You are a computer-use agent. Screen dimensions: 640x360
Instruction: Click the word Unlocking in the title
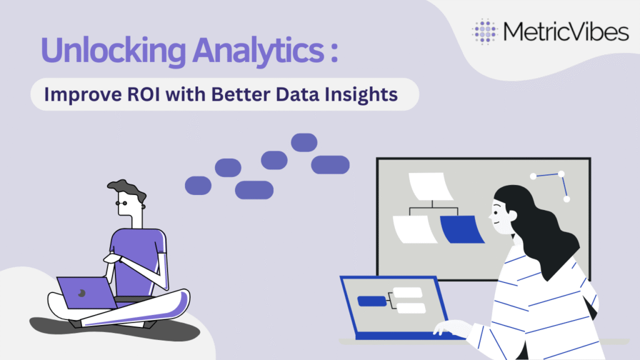pos(113,51)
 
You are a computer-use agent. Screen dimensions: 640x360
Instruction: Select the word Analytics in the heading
pos(258,51)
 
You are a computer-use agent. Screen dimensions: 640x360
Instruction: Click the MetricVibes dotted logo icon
pos(484,31)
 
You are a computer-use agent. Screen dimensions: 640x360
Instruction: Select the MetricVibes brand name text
pos(566,31)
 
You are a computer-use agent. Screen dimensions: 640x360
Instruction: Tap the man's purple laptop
pos(86,293)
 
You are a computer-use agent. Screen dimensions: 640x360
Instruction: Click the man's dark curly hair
pos(127,189)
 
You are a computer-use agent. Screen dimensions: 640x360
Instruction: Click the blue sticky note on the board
pos(462,229)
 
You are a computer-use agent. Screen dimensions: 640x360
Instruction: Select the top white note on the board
pos(431,186)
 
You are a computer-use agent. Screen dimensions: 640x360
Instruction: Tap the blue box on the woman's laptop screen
pos(372,301)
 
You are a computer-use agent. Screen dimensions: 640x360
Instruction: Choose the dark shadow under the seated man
pos(114,329)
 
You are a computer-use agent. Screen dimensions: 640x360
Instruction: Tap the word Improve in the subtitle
pos(83,95)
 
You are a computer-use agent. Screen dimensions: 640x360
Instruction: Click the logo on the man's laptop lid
pos(82,293)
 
